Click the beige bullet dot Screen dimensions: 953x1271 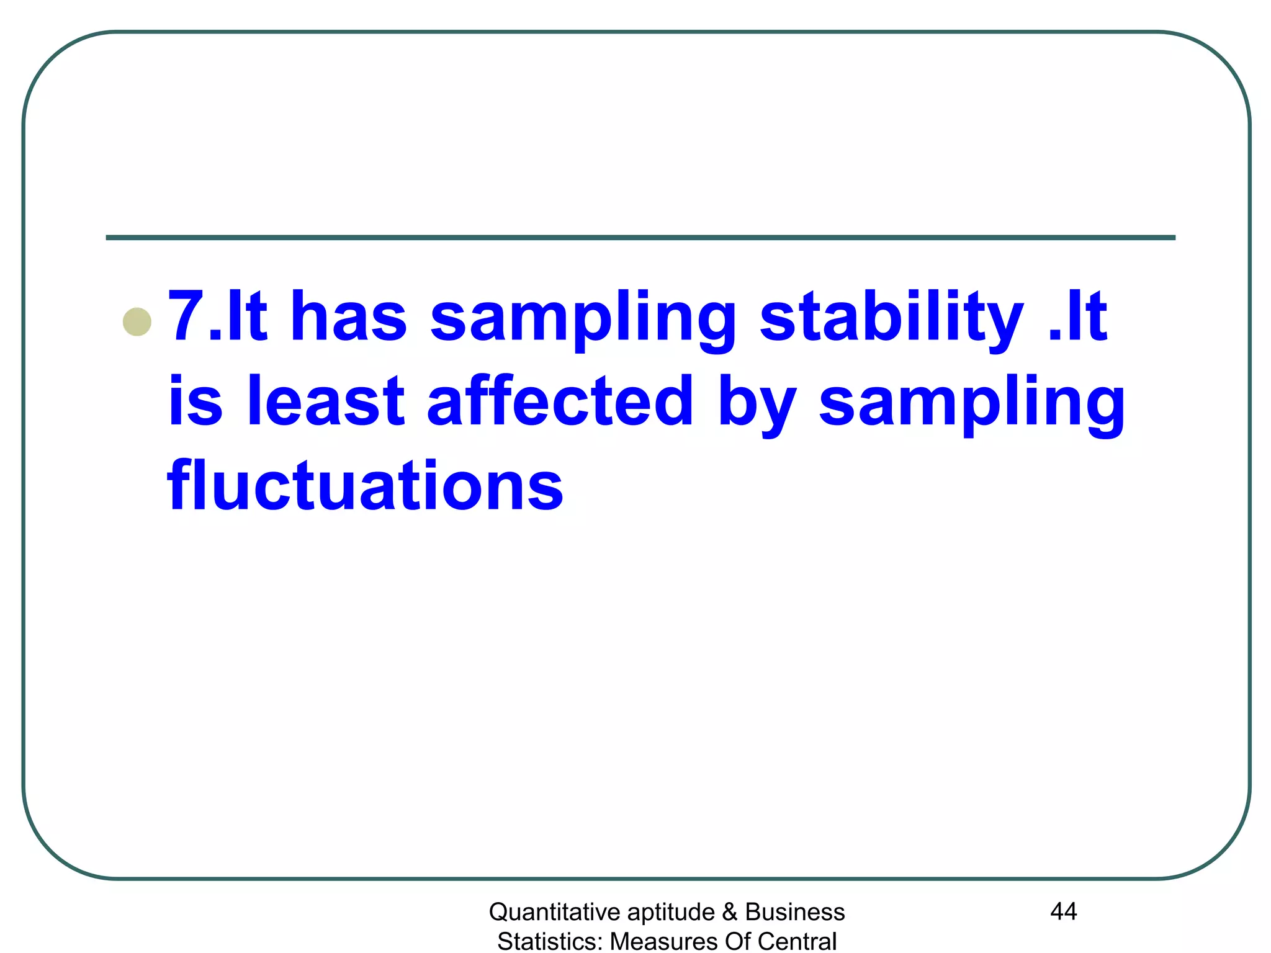(137, 322)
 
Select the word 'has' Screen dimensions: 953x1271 (348, 316)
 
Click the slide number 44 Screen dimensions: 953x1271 (1063, 911)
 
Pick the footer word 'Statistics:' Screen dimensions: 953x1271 (550, 941)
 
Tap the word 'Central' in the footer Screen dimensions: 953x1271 (797, 941)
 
